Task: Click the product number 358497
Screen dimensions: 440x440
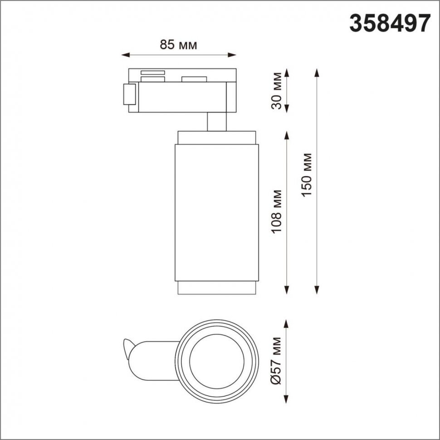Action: pyautogui.click(x=390, y=24)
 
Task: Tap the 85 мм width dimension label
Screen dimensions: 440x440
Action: pyautogui.click(x=178, y=44)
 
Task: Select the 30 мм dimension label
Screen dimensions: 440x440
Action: pyautogui.click(x=277, y=91)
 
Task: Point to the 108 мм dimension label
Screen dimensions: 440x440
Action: pyautogui.click(x=277, y=211)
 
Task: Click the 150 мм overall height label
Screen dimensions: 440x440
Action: pyautogui.click(x=307, y=175)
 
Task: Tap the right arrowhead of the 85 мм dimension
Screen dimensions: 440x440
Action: pyautogui.click(x=232, y=55)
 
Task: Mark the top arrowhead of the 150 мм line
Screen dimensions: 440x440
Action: pyautogui.click(x=317, y=73)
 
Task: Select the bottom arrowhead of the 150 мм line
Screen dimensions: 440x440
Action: pyautogui.click(x=317, y=290)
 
